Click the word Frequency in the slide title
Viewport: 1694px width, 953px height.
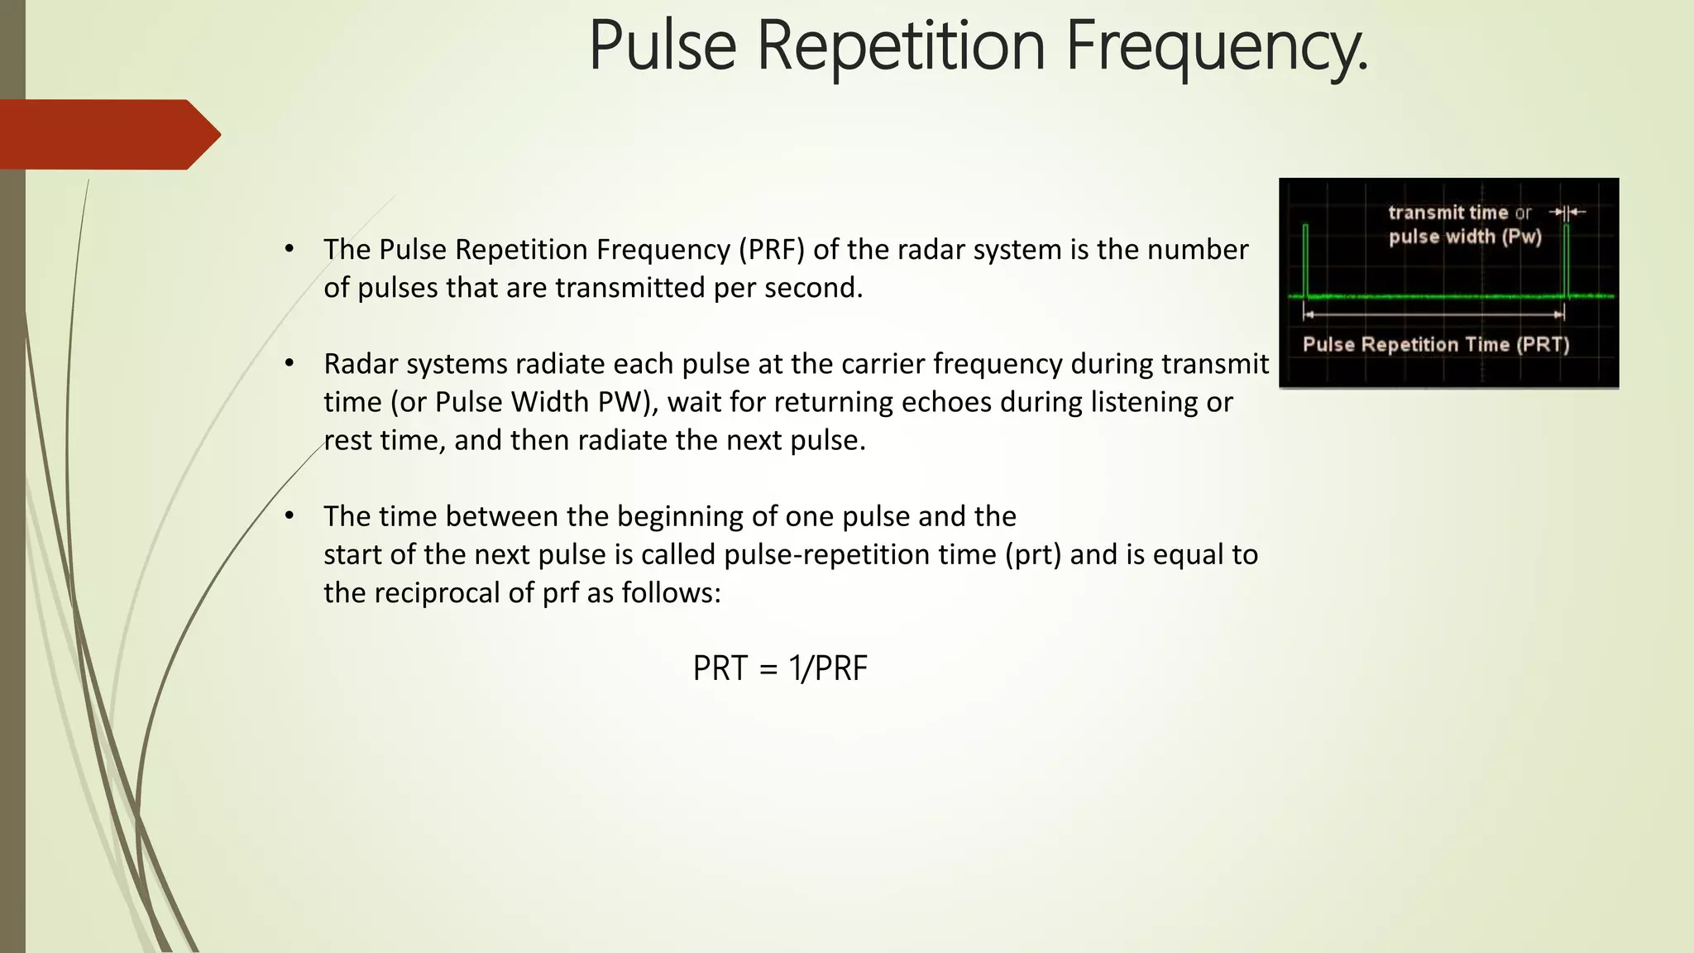(x=1216, y=47)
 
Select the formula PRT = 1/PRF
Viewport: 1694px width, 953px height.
(x=780, y=668)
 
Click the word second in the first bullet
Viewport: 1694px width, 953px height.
(x=814, y=288)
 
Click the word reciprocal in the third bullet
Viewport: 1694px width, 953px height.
(x=454, y=593)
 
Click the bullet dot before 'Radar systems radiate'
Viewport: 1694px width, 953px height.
(x=289, y=363)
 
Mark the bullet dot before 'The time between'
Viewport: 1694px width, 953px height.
(x=289, y=515)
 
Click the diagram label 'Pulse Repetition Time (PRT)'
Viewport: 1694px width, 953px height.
(x=1436, y=344)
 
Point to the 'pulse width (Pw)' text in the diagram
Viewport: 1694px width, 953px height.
(x=1465, y=237)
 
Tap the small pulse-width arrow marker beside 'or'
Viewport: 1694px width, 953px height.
(x=1567, y=213)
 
